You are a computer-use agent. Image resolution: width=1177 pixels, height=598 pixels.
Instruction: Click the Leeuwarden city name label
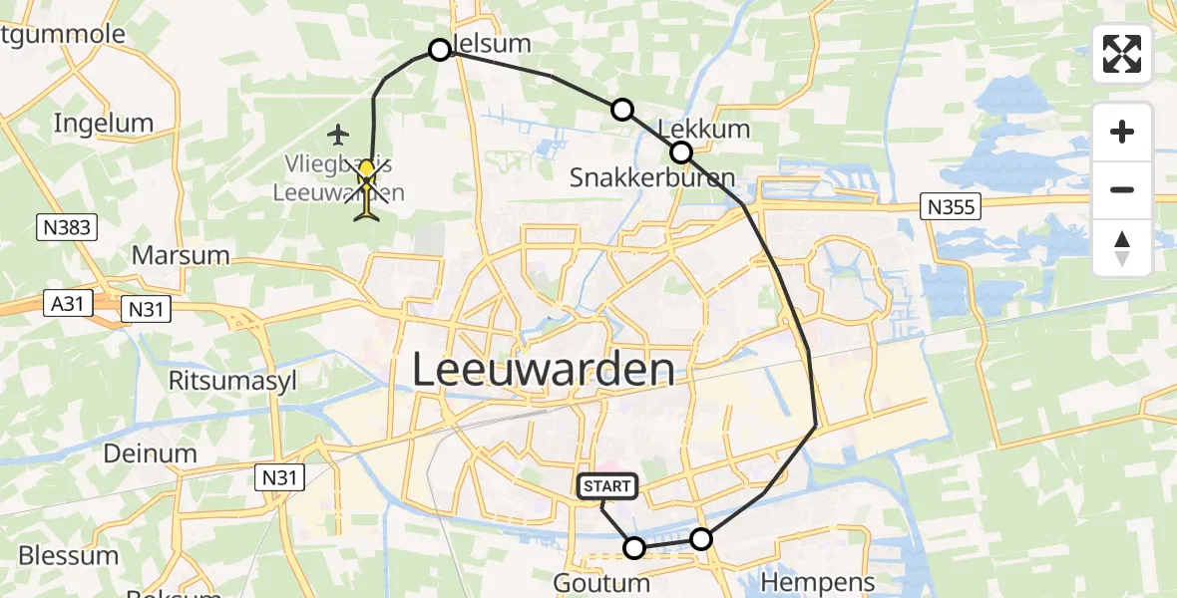click(542, 371)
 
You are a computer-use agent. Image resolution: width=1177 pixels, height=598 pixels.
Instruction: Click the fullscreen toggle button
click(1122, 54)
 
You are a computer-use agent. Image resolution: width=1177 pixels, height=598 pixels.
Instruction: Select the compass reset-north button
click(1122, 248)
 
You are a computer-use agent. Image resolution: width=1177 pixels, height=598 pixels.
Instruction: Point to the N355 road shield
click(951, 206)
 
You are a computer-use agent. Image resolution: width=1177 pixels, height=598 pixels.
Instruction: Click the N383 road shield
click(68, 227)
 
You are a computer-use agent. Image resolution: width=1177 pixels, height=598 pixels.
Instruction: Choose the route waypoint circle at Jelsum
click(440, 49)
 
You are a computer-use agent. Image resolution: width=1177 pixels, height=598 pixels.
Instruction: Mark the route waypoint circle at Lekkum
click(681, 152)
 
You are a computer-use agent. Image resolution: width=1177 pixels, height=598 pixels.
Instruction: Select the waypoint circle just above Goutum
click(634, 547)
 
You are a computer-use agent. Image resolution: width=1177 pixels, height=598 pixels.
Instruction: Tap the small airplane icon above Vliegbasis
click(339, 133)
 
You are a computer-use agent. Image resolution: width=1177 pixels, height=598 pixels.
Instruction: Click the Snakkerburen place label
click(651, 178)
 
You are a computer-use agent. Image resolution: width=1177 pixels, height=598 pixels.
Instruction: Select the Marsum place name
click(181, 255)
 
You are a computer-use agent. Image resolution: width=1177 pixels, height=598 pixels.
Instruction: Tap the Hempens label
click(817, 581)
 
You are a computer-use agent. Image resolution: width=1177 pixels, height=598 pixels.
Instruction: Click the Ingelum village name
click(104, 124)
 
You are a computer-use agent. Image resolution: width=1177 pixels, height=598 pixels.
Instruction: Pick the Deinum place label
click(150, 453)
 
